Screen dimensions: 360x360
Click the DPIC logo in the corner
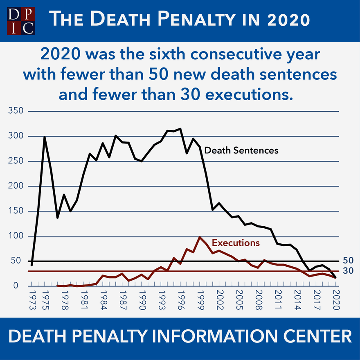(21, 21)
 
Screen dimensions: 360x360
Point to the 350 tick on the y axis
(16, 111)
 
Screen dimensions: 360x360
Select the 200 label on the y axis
(16, 186)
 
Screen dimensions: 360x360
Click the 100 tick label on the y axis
(16, 236)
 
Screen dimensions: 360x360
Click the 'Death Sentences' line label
(241, 150)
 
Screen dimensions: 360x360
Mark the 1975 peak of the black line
(45, 137)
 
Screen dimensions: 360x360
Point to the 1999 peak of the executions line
(200, 237)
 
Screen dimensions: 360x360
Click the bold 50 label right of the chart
(348, 261)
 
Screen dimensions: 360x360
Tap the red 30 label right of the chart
(348, 271)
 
